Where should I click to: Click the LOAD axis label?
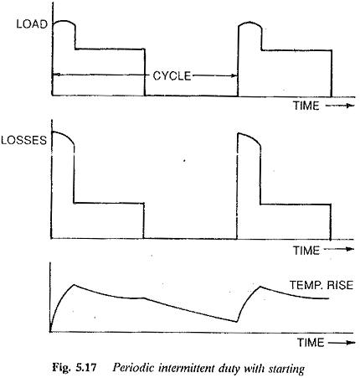tap(32, 24)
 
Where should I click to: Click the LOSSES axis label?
tap(23, 140)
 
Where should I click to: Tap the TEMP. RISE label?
tap(321, 285)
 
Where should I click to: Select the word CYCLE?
tap(172, 76)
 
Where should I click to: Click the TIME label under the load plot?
tap(306, 106)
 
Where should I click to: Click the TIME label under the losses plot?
tap(306, 251)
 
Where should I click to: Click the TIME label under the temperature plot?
tap(311, 343)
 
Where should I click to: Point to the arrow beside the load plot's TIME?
tap(340, 106)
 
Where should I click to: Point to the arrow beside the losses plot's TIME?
tap(340, 249)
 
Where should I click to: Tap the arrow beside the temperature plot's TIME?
tap(342, 343)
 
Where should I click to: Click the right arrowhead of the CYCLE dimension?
tap(235, 75)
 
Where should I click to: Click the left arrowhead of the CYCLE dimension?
tap(55, 75)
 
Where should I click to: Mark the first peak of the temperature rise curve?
tap(74, 285)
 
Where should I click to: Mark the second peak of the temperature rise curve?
tap(260, 287)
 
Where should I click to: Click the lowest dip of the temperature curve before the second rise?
tap(236, 322)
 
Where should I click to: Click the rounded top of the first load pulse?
tap(64, 21)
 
